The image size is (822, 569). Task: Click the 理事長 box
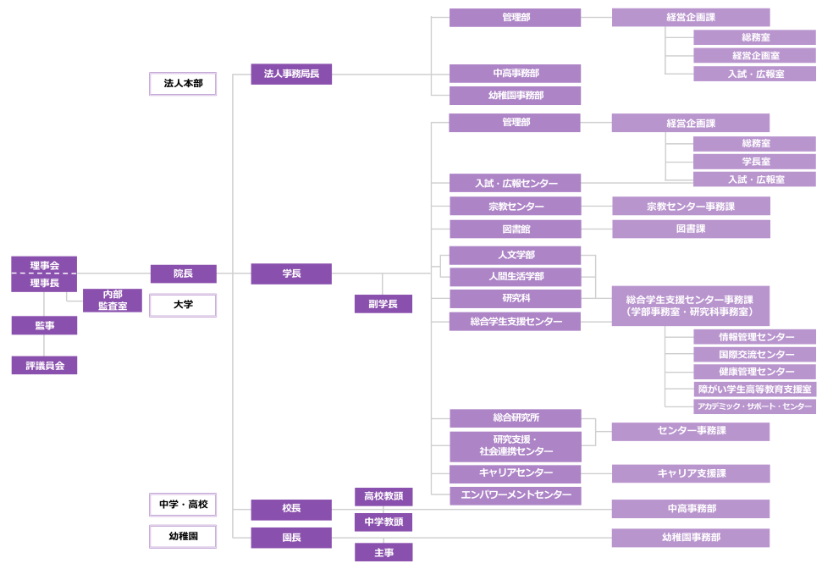click(44, 284)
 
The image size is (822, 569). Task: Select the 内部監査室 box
click(112, 301)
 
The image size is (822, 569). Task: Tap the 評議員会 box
click(44, 366)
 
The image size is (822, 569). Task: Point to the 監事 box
click(44, 325)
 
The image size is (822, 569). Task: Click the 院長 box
click(183, 273)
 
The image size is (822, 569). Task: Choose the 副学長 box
click(383, 304)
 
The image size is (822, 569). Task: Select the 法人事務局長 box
click(291, 75)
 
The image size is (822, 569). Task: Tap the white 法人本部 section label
click(183, 84)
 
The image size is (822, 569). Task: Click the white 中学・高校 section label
click(183, 505)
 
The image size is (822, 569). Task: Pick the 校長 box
click(291, 510)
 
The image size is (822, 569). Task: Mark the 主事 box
click(383, 552)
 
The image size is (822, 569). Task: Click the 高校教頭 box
click(383, 496)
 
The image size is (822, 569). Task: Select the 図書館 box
click(515, 229)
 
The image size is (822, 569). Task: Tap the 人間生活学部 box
click(515, 277)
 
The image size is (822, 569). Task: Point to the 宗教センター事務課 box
click(691, 206)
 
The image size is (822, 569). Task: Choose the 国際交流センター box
click(755, 355)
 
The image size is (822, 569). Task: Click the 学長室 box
click(755, 162)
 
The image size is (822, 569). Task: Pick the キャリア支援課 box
click(691, 473)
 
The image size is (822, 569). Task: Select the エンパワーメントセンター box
click(515, 495)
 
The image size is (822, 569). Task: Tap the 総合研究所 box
click(515, 418)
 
